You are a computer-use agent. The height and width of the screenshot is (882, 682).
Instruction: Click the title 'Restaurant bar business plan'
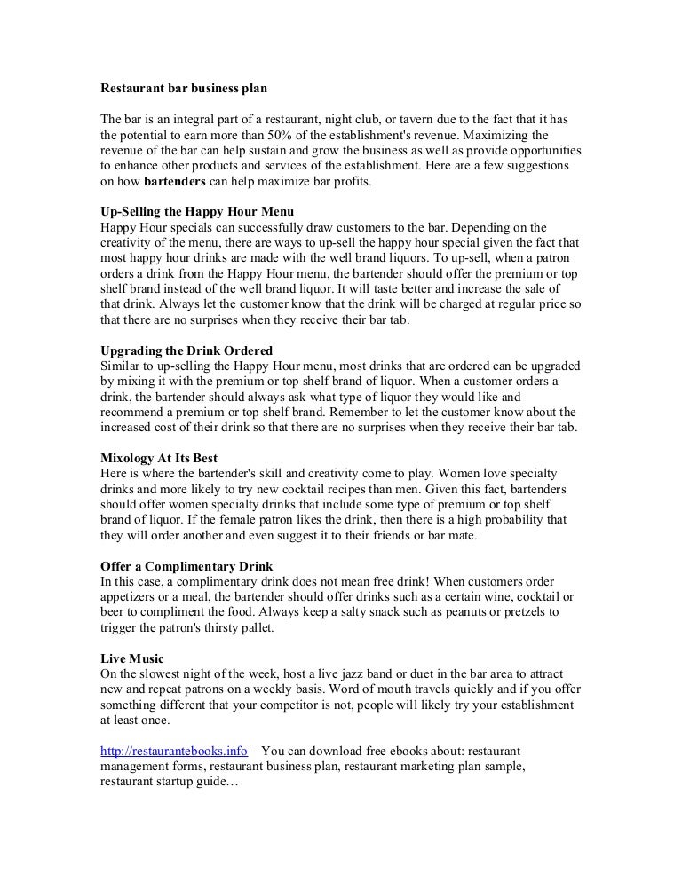pos(184,90)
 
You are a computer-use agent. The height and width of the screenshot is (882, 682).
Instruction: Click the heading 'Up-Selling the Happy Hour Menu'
pos(196,211)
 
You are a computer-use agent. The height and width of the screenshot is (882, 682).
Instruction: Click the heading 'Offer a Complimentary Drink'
pos(186,564)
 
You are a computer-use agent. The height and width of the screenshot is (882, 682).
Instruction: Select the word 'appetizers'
pos(130,595)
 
